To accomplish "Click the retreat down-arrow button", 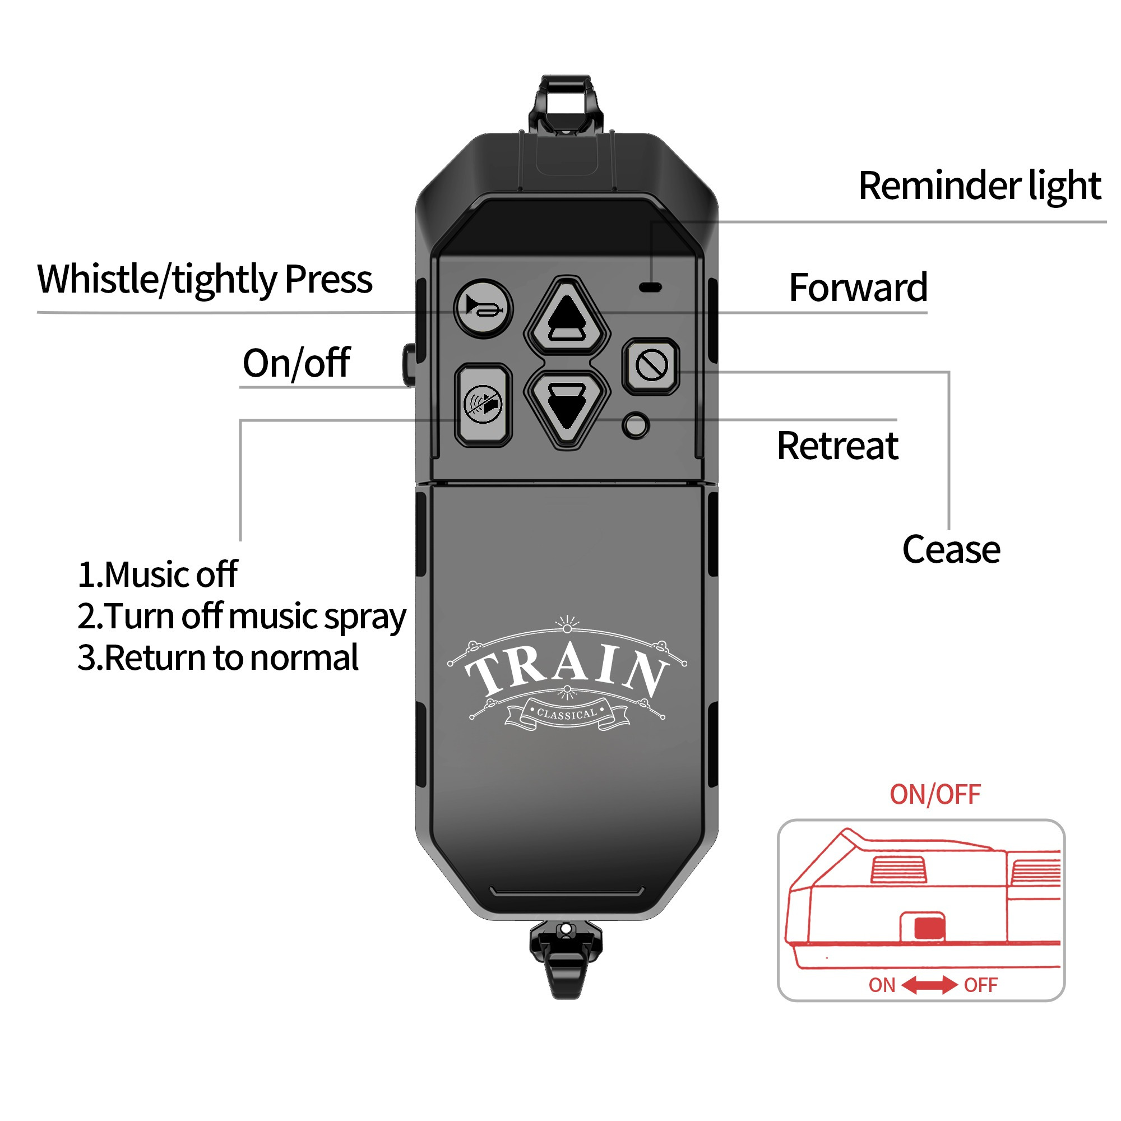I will pos(567,408).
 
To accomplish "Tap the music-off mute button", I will pos(483,405).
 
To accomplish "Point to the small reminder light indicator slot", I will pos(650,286).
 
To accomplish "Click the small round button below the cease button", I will pos(636,425).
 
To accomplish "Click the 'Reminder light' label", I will pos(979,186).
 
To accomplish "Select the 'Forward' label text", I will pos(858,288).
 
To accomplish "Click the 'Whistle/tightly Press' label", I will pos(205,280).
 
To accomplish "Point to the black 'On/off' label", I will pos(296,363).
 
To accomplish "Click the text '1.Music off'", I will pos(158,575).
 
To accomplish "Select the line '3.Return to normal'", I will pos(217,658).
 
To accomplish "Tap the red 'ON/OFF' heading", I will pos(935,794).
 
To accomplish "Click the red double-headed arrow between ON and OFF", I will pos(929,985).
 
